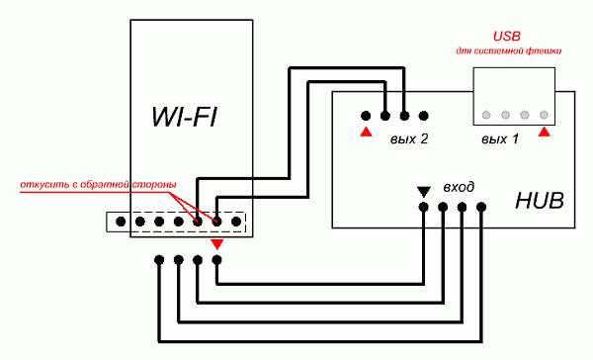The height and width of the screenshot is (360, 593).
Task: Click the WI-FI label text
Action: click(x=185, y=117)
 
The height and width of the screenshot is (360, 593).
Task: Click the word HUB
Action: click(x=540, y=201)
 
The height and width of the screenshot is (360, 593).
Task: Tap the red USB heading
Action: click(x=507, y=37)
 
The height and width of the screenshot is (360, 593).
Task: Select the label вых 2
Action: click(x=409, y=139)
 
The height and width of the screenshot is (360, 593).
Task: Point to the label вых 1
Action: click(x=500, y=139)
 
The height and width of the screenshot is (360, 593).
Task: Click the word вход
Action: click(x=459, y=187)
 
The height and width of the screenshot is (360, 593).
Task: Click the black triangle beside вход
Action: click(x=424, y=192)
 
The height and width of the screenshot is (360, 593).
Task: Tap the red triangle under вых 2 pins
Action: click(x=366, y=132)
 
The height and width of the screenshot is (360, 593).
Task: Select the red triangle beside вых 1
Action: click(x=545, y=132)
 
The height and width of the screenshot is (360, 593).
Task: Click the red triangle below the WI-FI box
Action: click(x=217, y=244)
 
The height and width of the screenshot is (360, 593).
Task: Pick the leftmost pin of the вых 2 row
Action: click(x=366, y=116)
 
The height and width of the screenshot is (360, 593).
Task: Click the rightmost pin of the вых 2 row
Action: click(x=424, y=116)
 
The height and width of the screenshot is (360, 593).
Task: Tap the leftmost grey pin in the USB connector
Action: click(x=486, y=115)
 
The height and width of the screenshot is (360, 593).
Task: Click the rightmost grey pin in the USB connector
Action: click(x=544, y=115)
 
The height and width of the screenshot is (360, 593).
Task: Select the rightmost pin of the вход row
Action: click(x=481, y=207)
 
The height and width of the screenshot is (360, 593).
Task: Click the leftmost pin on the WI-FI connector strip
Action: click(x=121, y=222)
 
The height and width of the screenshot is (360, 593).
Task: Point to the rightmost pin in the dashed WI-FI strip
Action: click(x=236, y=222)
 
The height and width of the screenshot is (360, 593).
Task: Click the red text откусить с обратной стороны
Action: click(x=98, y=185)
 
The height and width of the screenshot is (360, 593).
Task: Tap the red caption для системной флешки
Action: click(x=509, y=50)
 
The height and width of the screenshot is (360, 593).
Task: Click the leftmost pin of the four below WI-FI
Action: click(x=159, y=260)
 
